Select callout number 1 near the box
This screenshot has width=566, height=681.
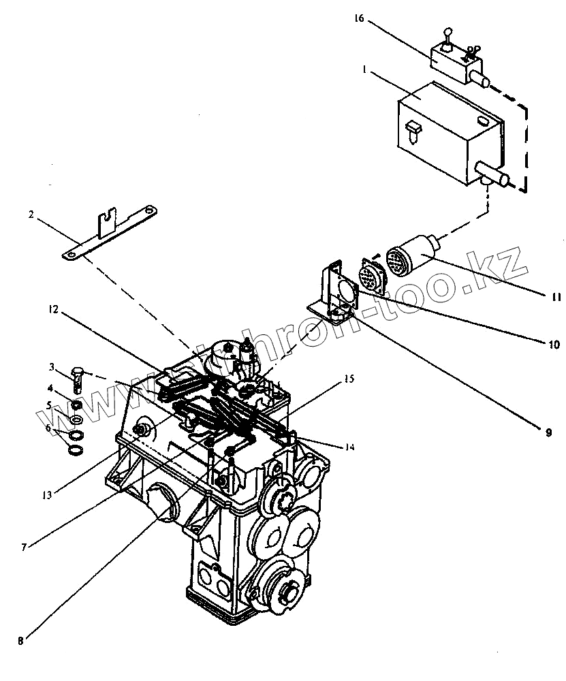pyautogui.click(x=366, y=70)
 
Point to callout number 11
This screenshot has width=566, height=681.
pyautogui.click(x=555, y=297)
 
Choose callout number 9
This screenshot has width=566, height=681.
pyautogui.click(x=547, y=431)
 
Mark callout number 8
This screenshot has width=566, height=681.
pyautogui.click(x=20, y=640)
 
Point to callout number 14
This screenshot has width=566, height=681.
pyautogui.click(x=349, y=447)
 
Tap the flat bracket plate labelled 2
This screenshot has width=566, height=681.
pyautogui.click(x=109, y=232)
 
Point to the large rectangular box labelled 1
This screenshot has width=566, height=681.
pyautogui.click(x=450, y=133)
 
